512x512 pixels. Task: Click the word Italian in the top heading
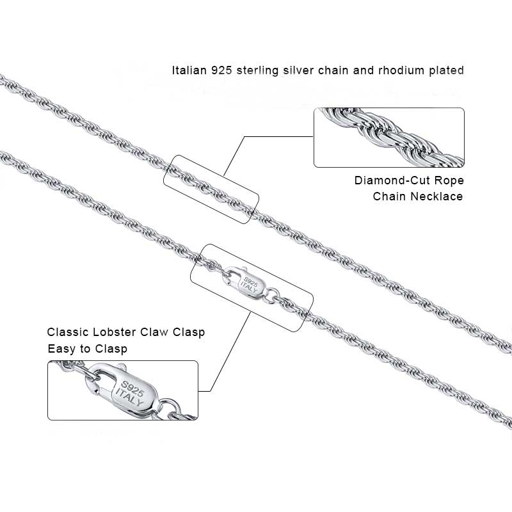[x=189, y=70]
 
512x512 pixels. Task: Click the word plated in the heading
[x=447, y=70]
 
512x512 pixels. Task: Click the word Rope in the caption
[x=449, y=180]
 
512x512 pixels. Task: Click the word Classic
[x=68, y=333]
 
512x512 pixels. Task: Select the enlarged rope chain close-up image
[x=388, y=138]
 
